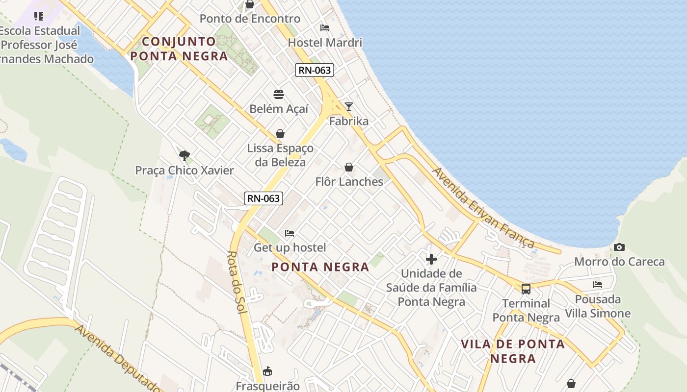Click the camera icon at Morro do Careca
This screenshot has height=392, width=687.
[x=619, y=247]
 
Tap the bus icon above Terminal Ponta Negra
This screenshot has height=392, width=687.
[x=526, y=289]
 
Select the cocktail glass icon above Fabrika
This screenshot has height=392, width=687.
[x=348, y=106]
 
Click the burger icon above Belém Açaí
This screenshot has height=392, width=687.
[x=279, y=95]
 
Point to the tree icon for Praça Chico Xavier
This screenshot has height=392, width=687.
[x=185, y=156]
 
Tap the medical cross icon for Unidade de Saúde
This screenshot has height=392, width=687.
[x=431, y=259]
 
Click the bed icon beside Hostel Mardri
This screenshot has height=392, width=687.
[x=325, y=28]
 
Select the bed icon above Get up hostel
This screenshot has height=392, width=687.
[x=290, y=233]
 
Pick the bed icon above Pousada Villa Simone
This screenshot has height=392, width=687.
[x=598, y=284]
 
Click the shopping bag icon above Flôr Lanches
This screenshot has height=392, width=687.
[x=349, y=168]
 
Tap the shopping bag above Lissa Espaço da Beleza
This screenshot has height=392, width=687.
[x=280, y=134]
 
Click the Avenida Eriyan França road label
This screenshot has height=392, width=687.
[x=483, y=208]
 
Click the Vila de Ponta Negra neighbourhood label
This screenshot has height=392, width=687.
[x=513, y=351]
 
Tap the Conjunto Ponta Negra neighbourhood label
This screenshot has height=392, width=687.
[x=179, y=49]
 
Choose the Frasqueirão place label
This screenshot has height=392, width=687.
[x=267, y=386]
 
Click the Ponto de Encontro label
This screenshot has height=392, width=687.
[x=250, y=19]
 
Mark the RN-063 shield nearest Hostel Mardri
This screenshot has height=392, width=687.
[x=315, y=70]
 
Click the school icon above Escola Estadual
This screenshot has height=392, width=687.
[x=39, y=16]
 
